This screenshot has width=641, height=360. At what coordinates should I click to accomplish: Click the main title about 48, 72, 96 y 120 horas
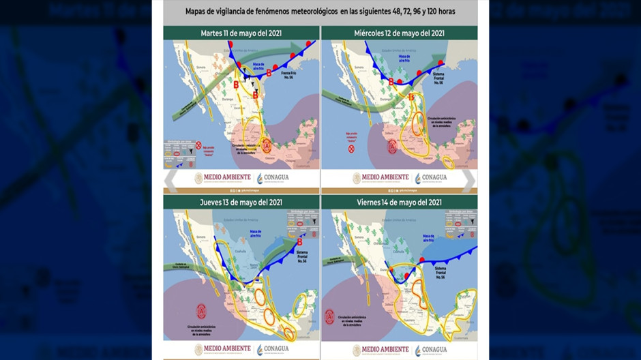(320, 12)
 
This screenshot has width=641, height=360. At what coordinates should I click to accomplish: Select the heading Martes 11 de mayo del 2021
(241, 33)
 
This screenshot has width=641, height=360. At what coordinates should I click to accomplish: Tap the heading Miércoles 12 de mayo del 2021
(399, 33)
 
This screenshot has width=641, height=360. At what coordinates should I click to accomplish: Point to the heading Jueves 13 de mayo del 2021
(241, 202)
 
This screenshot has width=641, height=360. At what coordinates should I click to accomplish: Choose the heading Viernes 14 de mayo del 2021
(399, 202)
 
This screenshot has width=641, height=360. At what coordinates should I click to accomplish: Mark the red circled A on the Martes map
(267, 145)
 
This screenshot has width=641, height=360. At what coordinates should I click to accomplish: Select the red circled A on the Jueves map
(201, 311)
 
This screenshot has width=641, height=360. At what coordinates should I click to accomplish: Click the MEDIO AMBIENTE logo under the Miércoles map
(380, 179)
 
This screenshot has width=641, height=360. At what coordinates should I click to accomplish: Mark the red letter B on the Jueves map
(301, 241)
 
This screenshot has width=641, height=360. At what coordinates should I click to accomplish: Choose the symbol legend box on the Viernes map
(460, 223)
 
